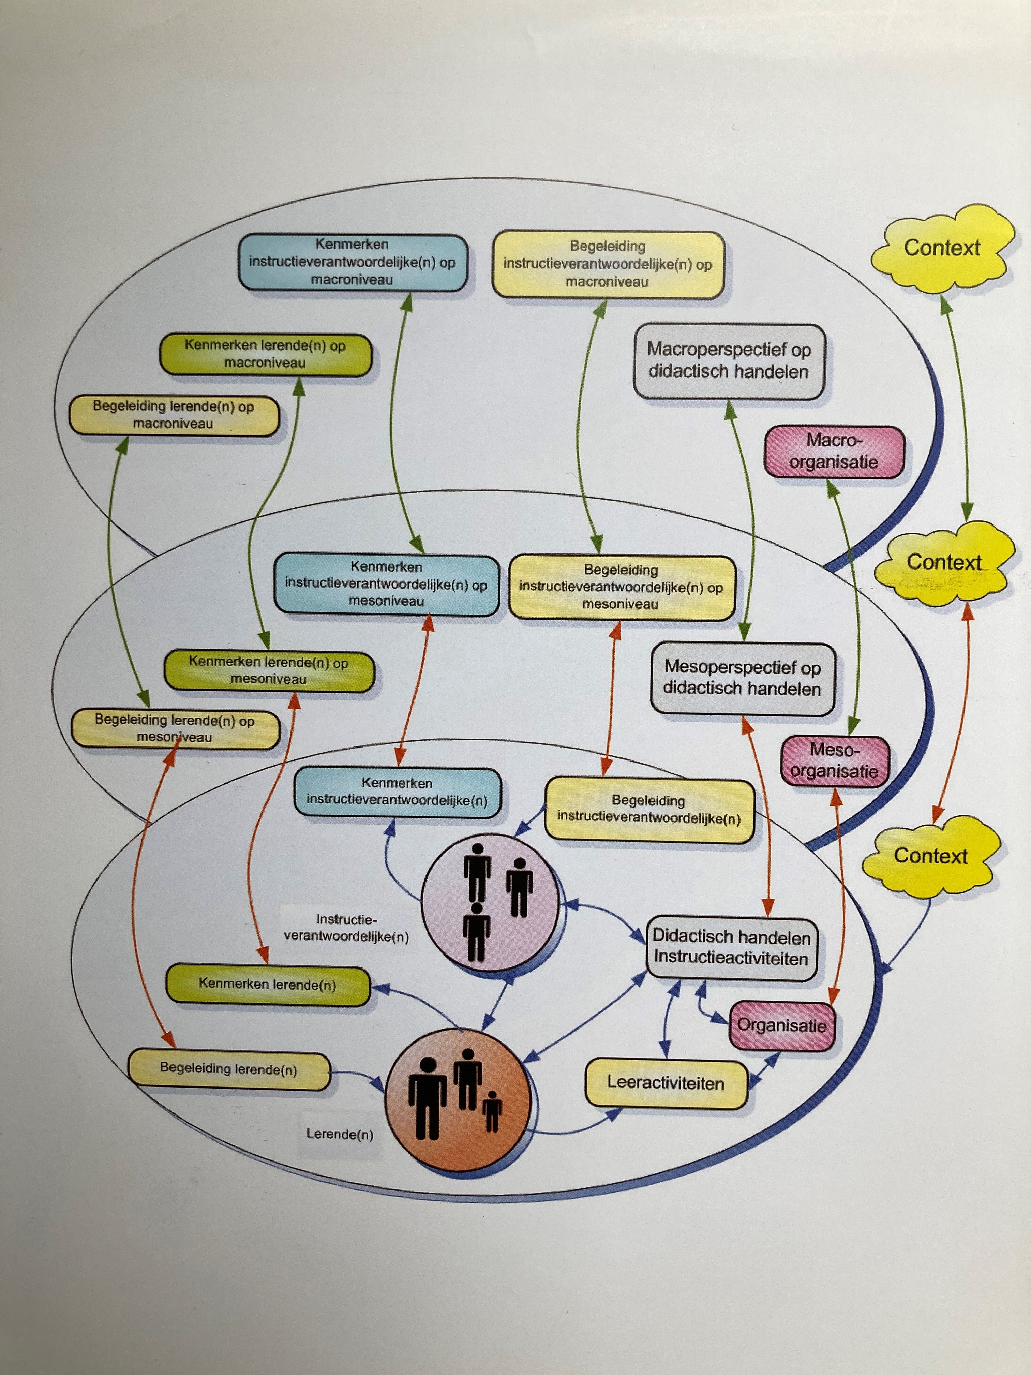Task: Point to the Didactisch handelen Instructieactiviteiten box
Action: (731, 948)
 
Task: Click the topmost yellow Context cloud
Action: (942, 249)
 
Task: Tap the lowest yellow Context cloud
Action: (930, 857)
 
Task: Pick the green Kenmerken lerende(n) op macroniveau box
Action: (265, 354)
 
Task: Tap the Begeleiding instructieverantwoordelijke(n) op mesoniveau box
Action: (621, 587)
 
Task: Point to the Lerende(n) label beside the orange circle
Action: (339, 1135)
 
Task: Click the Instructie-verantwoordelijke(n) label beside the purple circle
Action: (346, 928)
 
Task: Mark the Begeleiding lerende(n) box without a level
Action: (229, 1069)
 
